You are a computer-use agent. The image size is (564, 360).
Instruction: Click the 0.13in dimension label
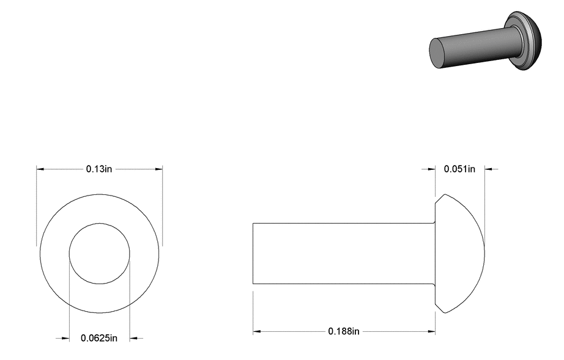pos(99,169)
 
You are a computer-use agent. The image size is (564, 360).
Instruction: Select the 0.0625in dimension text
pos(99,338)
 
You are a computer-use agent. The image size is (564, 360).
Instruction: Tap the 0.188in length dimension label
pos(344,331)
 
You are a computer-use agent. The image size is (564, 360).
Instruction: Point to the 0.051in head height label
pos(459,169)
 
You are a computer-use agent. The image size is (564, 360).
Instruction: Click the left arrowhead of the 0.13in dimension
pos(40,169)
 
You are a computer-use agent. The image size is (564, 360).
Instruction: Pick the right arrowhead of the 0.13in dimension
pos(158,169)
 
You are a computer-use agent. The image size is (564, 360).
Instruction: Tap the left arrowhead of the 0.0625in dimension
pos(65,338)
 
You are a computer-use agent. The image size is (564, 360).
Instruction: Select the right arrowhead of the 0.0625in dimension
pos(133,338)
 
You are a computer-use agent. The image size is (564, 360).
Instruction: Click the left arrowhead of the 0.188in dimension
pos(256,331)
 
